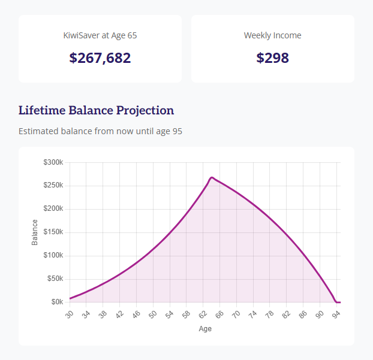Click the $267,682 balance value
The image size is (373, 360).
[100, 58]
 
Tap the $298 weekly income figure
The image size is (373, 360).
[272, 58]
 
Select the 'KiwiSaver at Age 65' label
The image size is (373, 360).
[100, 35]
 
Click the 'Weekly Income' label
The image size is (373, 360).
[272, 35]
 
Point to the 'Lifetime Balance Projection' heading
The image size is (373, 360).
[97, 110]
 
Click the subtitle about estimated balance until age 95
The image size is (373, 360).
[100, 131]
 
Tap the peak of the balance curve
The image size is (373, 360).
[212, 177]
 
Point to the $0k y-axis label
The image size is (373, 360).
[57, 302]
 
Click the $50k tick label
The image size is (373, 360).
[55, 279]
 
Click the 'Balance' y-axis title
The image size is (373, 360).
[35, 232]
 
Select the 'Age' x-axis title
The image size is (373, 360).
[205, 328]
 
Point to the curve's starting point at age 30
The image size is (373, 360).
[70, 298]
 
